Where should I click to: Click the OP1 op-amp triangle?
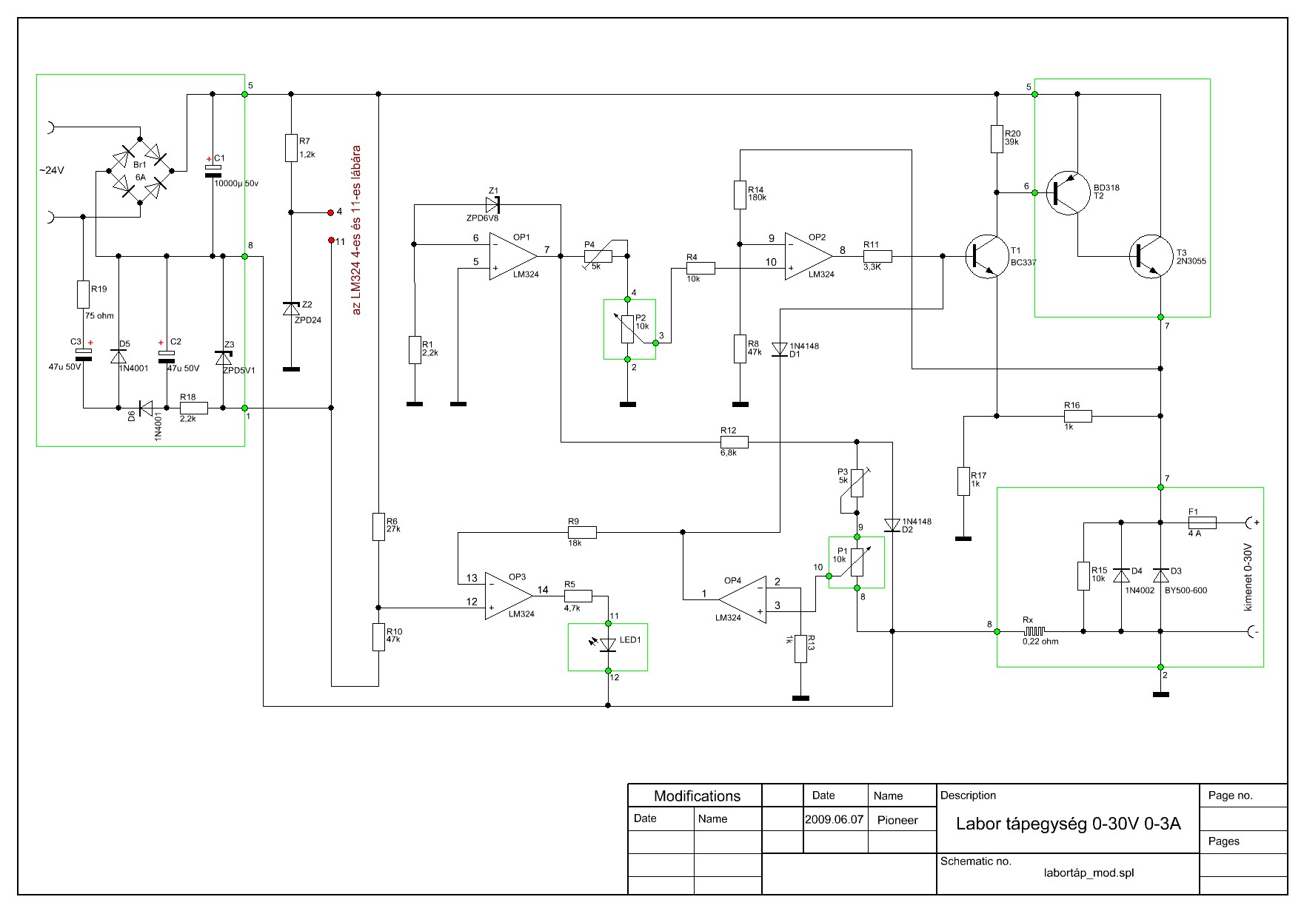pos(512,256)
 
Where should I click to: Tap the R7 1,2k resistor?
pos(291,148)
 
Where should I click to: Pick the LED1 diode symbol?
pos(608,646)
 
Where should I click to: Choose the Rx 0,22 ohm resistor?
pos(1035,631)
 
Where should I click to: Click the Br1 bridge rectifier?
pos(141,171)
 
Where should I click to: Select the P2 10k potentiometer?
pos(628,330)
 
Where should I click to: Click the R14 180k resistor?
pos(739,194)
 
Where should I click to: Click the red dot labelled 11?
pos(331,241)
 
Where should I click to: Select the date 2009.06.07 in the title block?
pos(835,820)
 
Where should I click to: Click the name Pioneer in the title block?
pos(897,820)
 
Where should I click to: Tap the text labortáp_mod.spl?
pos(1088,873)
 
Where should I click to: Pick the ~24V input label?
pos(52,170)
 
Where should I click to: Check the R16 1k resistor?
pos(1077,416)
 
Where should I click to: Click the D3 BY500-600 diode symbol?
pos(1160,576)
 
